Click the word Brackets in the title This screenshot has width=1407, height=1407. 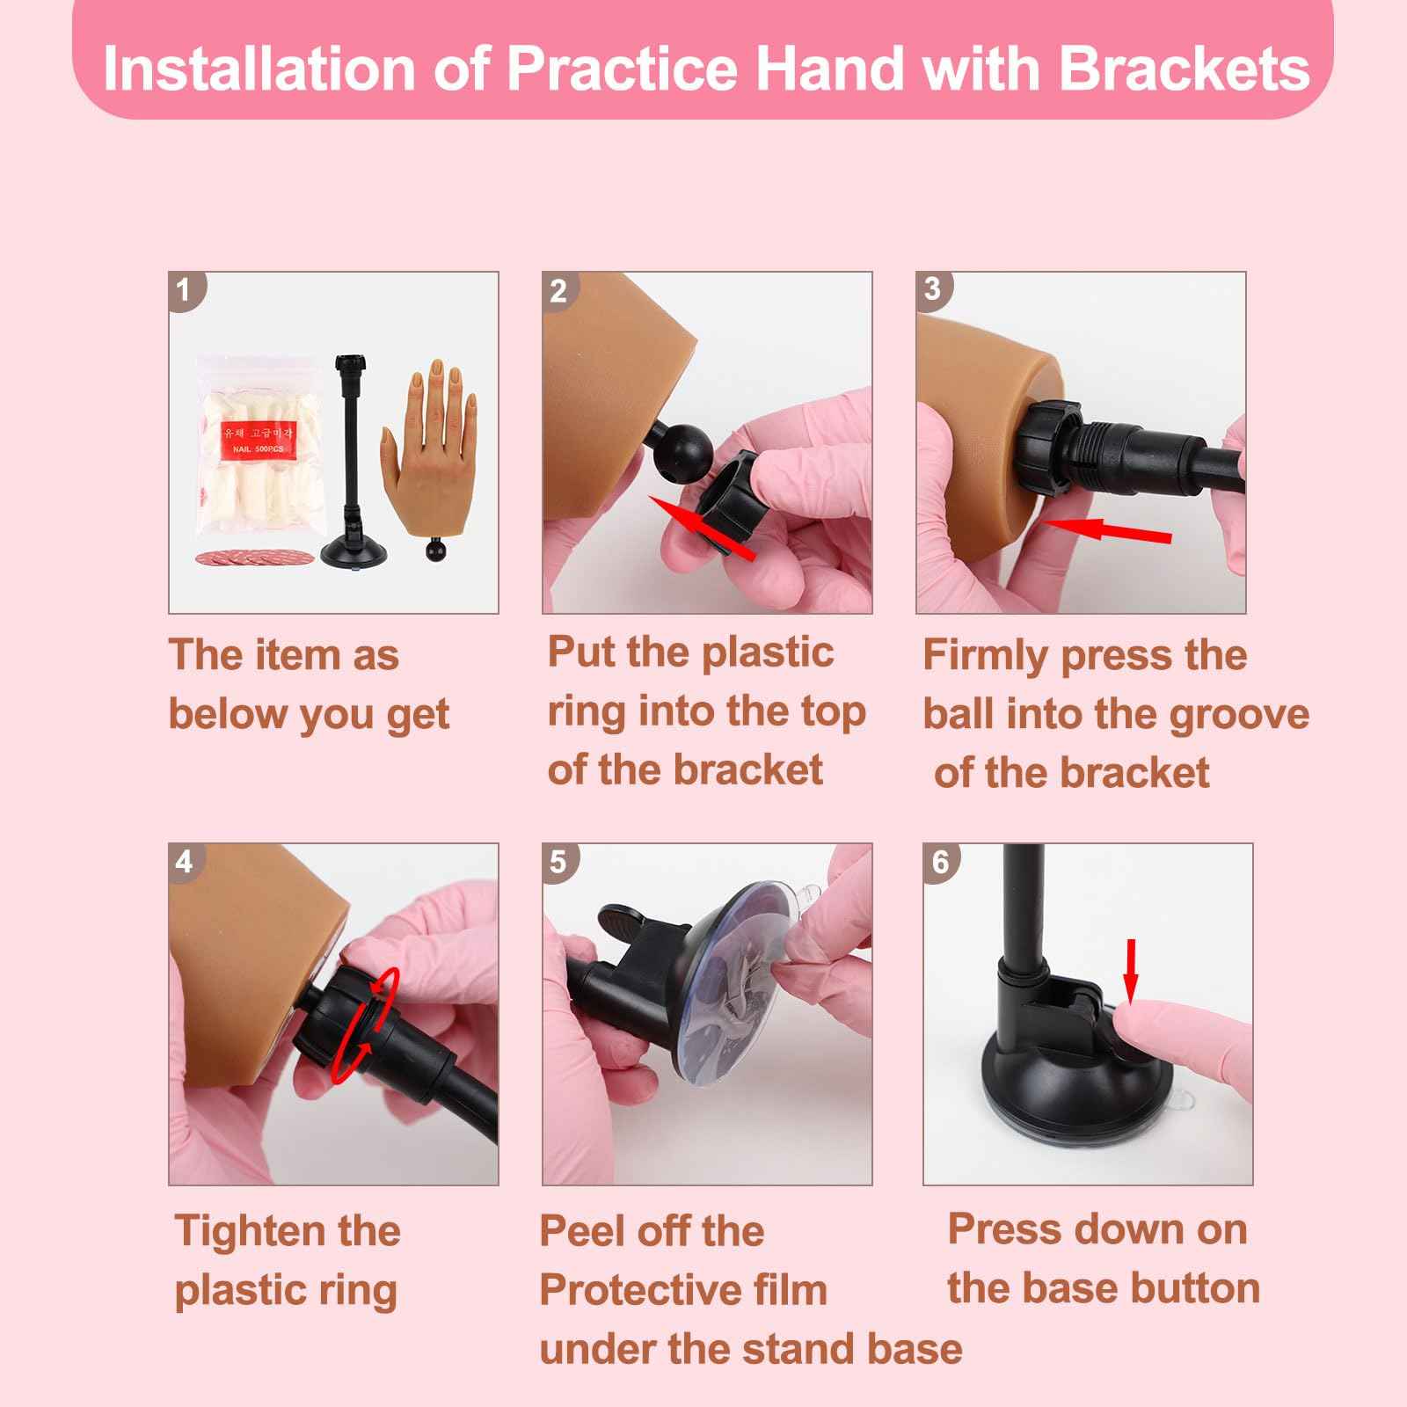pyautogui.click(x=1184, y=69)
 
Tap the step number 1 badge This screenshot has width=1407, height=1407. pyautogui.click(x=184, y=289)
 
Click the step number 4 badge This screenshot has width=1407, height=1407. pyautogui.click(x=184, y=861)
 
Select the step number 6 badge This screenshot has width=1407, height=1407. pyautogui.click(x=940, y=861)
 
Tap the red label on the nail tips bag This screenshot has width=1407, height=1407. pyautogui.click(x=258, y=437)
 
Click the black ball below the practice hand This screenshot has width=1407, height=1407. pyautogui.click(x=435, y=551)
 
